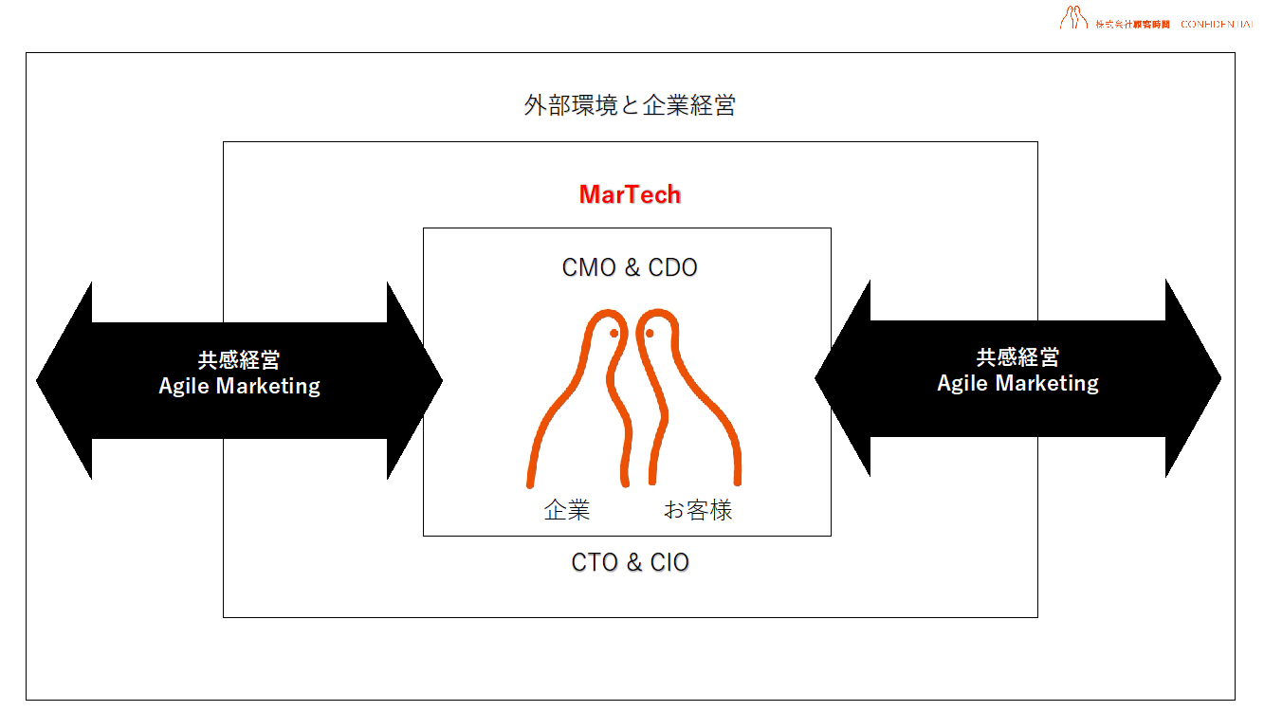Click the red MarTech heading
(630, 195)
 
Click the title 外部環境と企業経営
(630, 105)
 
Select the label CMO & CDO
(630, 268)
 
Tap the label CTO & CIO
(630, 563)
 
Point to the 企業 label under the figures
(567, 511)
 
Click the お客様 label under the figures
(698, 511)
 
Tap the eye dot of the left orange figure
(614, 334)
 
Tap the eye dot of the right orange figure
(650, 334)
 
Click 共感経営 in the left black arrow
(239, 361)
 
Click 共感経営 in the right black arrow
(1017, 358)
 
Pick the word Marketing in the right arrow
(1053, 384)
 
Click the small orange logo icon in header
(1073, 18)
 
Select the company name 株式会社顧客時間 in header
(1132, 24)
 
